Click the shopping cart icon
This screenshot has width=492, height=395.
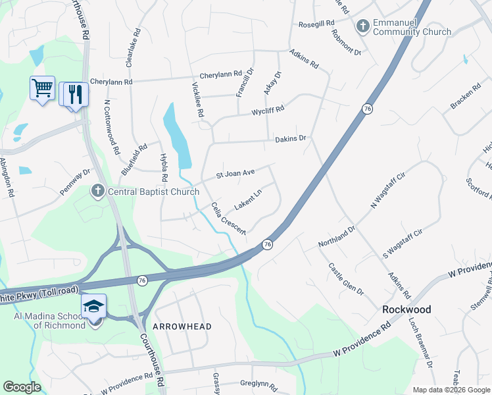pyautogui.click(x=42, y=88)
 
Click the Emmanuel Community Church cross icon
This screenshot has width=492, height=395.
pyautogui.click(x=362, y=26)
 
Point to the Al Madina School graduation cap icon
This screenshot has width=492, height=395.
pyautogui.click(x=93, y=307)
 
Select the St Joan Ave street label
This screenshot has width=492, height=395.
pyautogui.click(x=235, y=174)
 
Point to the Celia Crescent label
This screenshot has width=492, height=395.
pyautogui.click(x=228, y=218)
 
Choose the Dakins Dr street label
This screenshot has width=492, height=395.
pyautogui.click(x=291, y=139)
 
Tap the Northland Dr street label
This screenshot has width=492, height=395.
pyautogui.click(x=336, y=236)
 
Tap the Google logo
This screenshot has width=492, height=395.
pyautogui.click(x=22, y=387)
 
